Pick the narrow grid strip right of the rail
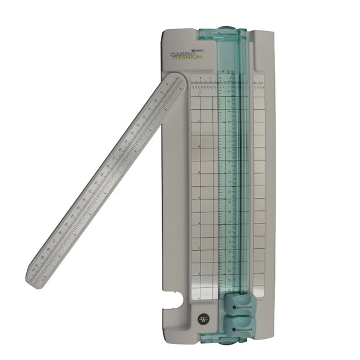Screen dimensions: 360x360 [259, 186]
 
